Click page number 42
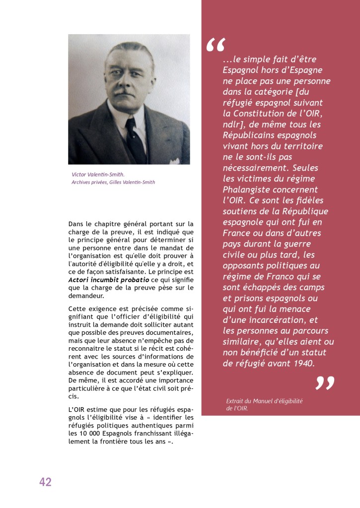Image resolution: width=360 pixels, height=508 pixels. click(x=45, y=482)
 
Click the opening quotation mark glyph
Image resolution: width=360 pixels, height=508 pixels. click(x=215, y=46)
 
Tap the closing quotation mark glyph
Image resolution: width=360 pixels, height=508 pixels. click(x=325, y=383)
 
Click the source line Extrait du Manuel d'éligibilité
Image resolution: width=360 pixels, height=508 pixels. click(x=264, y=400)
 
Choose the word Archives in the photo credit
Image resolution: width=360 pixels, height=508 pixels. click(x=81, y=182)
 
